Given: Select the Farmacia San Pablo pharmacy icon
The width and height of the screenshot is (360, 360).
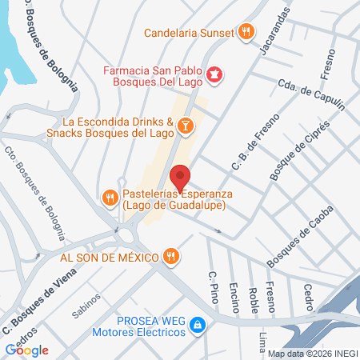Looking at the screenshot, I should (215, 75).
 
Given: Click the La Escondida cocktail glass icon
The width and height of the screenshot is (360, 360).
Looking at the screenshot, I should (185, 126).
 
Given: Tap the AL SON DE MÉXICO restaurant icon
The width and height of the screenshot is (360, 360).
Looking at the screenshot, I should (170, 257).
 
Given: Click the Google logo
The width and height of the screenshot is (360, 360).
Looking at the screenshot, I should (26, 350).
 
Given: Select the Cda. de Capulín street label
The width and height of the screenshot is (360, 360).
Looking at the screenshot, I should (310, 95).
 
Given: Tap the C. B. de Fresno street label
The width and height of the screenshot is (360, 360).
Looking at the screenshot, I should (247, 149).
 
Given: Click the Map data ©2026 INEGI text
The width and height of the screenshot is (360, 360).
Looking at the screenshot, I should (313, 354).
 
